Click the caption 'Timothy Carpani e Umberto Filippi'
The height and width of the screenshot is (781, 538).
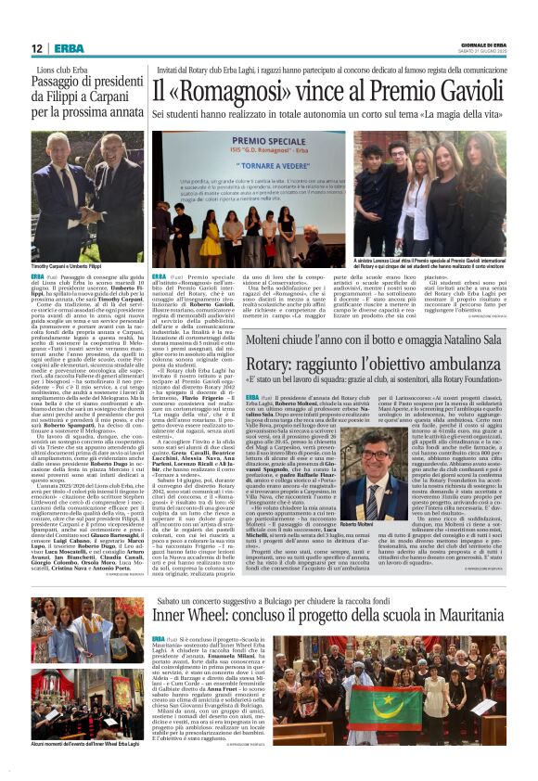coord(70,264)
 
